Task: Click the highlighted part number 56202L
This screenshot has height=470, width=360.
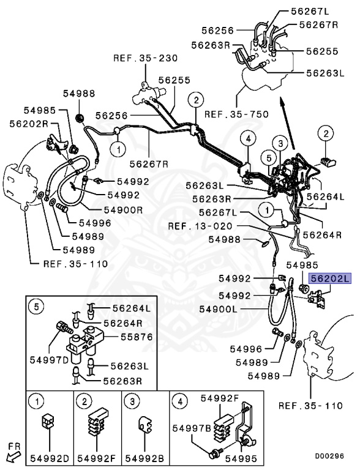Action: click(x=329, y=278)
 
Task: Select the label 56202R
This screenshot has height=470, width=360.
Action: click(x=29, y=122)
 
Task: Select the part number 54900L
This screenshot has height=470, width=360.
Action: click(x=219, y=310)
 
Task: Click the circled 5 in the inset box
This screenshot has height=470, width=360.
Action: click(x=37, y=308)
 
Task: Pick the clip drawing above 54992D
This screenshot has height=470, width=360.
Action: click(x=48, y=423)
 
